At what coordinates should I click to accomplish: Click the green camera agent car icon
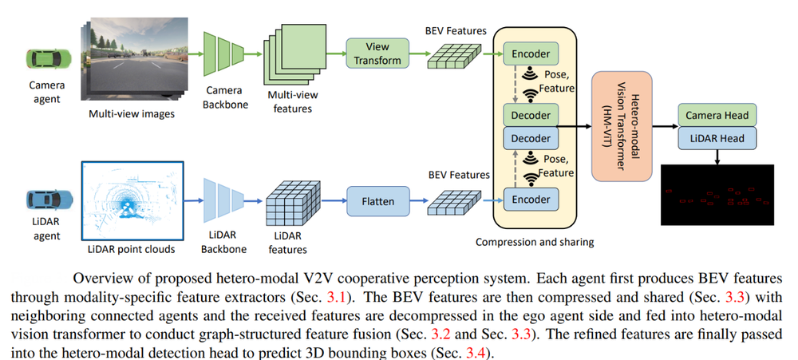44,58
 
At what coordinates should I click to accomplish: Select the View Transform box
377,53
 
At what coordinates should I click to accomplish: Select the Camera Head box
715,116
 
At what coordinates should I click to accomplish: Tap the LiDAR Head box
715,138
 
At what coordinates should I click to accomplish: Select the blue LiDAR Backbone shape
223,201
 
